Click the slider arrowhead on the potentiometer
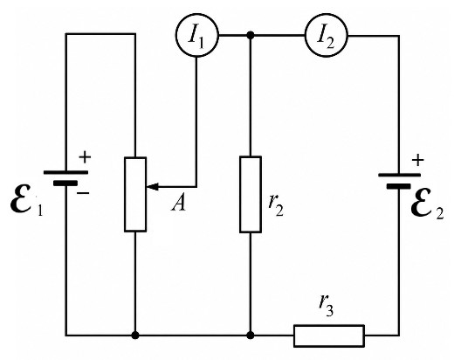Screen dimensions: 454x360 [152, 187]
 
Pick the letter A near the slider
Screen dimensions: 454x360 [178, 203]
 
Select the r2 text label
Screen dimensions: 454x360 [276, 206]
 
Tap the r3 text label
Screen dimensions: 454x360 [326, 306]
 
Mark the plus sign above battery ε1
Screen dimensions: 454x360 [85, 157]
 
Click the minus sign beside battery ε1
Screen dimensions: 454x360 [83, 193]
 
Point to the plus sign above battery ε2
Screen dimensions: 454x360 [418, 161]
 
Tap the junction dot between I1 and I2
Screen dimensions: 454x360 [251, 36]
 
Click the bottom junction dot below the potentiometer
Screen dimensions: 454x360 [135, 336]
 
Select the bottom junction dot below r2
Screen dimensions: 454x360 [251, 336]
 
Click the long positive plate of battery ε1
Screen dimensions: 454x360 [65, 172]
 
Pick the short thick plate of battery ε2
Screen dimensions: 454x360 [399, 186]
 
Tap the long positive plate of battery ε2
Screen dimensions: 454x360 [399, 175]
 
